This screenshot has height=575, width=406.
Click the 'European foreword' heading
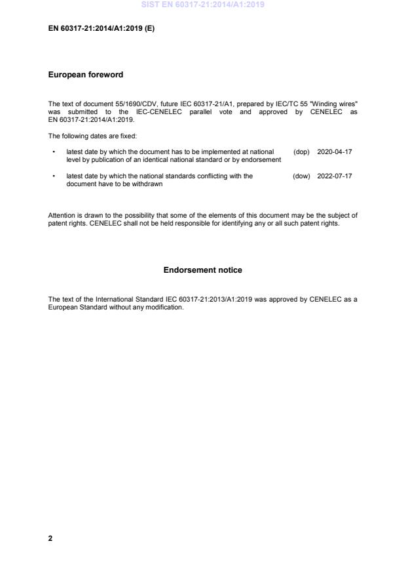coord(85,75)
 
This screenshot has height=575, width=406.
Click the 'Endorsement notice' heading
coord(202,269)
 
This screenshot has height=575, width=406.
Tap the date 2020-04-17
coord(334,151)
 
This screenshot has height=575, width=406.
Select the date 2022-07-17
coord(334,176)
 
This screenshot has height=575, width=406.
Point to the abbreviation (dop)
coord(301,151)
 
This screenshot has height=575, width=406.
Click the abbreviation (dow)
coord(301,176)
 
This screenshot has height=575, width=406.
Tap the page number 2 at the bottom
coord(50,538)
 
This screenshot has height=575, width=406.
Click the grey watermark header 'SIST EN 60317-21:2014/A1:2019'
coord(203,5)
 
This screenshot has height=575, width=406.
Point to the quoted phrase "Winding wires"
coord(336,104)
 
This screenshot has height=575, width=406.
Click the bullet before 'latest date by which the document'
coord(52,151)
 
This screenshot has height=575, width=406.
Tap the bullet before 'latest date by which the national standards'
coord(52,176)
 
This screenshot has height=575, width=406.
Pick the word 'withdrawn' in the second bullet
coord(148,184)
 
